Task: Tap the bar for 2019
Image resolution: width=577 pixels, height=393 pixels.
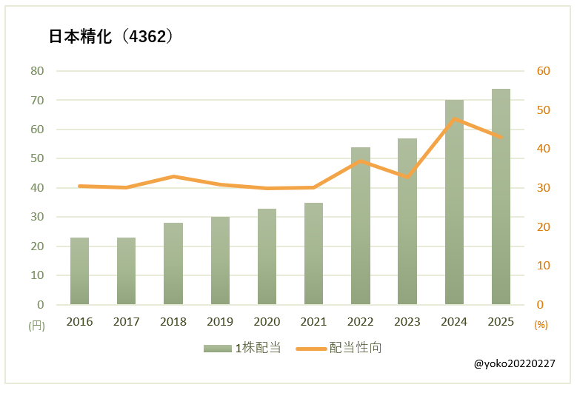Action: (220, 261)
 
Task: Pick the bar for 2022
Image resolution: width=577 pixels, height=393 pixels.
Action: (361, 226)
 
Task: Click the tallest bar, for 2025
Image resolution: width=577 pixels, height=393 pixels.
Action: (501, 197)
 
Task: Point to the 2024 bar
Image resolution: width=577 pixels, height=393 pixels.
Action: (454, 202)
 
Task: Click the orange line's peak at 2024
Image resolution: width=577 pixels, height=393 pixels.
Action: (454, 119)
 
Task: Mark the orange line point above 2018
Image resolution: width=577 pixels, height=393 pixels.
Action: (173, 176)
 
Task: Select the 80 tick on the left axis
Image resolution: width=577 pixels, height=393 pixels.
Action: (37, 71)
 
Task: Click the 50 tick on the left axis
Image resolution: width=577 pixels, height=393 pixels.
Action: (37, 158)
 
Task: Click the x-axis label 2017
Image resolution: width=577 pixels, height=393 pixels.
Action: (126, 322)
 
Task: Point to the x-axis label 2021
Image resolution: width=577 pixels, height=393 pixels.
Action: (313, 322)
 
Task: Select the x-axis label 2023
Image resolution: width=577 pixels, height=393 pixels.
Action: (407, 322)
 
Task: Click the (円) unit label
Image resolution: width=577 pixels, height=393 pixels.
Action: (36, 325)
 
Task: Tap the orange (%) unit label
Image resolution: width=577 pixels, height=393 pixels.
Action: (541, 325)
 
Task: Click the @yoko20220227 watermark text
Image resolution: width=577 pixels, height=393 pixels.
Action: (514, 364)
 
